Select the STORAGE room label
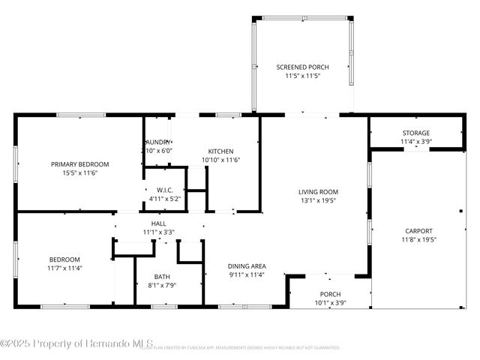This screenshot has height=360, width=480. pos(415,133)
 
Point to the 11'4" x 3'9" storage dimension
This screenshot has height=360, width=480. pos(415,141)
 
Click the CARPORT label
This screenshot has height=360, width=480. pos(418,231)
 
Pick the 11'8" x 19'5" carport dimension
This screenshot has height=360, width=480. pos(418,240)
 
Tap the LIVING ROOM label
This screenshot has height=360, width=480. pos(318,191)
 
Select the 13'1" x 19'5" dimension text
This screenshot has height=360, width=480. pos(318,200)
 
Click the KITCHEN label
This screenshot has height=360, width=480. pos(220,151)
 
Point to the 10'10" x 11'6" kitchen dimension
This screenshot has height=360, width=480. pos(220,160)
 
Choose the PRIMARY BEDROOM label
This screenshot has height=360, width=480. pos(80,164)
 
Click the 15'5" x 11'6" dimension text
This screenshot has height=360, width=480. pos(80,173)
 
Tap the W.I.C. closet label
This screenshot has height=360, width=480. pos(166,190)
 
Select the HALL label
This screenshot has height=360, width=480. pos(159,223)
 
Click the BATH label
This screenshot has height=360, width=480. pos(163,276)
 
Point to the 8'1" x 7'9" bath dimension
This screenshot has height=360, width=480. pos(163,285)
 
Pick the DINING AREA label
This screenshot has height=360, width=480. pos(247,265)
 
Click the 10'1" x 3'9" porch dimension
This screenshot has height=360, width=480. pos(331,303)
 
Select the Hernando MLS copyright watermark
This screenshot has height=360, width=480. pos(77,343)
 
